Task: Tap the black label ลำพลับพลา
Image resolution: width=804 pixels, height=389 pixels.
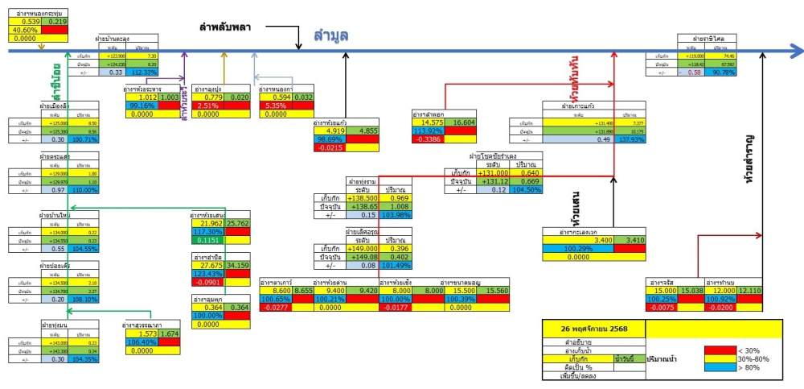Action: coord(226,27)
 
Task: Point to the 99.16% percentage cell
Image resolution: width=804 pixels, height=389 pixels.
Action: coord(142,106)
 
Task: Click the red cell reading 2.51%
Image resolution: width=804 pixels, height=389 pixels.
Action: coord(208,106)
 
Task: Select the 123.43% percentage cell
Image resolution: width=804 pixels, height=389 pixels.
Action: coord(207,274)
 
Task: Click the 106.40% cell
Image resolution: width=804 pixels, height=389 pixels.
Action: coord(142,342)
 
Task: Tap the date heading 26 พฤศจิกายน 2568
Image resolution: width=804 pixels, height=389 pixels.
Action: coord(594,328)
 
